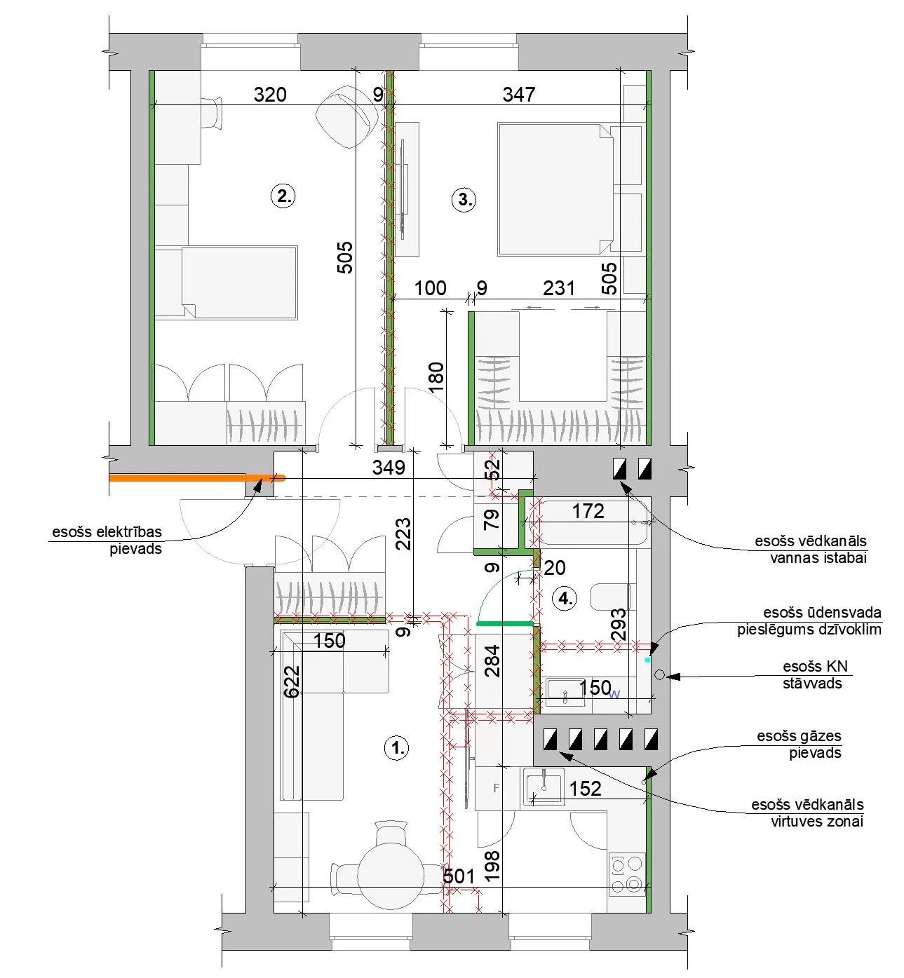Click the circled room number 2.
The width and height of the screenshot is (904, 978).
click(x=283, y=196)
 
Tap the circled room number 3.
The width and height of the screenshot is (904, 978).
click(x=464, y=199)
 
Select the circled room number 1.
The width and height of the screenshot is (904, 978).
click(x=396, y=748)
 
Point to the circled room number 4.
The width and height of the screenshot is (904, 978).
click(x=565, y=599)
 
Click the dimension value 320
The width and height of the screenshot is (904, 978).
click(x=270, y=94)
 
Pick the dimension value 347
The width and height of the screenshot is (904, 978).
click(x=519, y=94)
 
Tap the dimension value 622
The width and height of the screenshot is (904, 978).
click(x=292, y=681)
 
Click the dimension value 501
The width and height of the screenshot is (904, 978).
click(x=459, y=876)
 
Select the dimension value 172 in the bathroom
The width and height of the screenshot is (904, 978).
click(x=588, y=511)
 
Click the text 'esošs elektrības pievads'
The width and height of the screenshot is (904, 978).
click(x=107, y=541)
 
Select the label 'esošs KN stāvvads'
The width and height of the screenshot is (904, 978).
click(x=815, y=674)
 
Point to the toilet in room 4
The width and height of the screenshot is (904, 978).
click(x=610, y=597)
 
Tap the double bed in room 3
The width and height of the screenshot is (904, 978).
click(x=555, y=189)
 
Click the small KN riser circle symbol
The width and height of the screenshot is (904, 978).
click(x=660, y=674)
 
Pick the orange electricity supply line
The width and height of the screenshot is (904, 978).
click(x=197, y=477)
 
